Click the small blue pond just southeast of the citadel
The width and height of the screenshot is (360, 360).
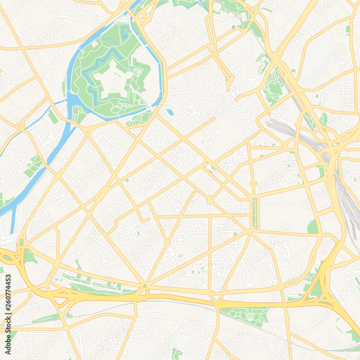pyautogui.click(x=170, y=112)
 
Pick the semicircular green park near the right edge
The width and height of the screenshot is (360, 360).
pyautogui.click(x=312, y=227)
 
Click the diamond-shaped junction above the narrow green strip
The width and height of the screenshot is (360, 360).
pyautogui.click(x=253, y=183)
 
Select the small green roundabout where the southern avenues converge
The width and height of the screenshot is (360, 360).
pyautogui.click(x=145, y=286)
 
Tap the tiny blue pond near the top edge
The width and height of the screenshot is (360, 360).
pyautogui.click(x=233, y=27)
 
